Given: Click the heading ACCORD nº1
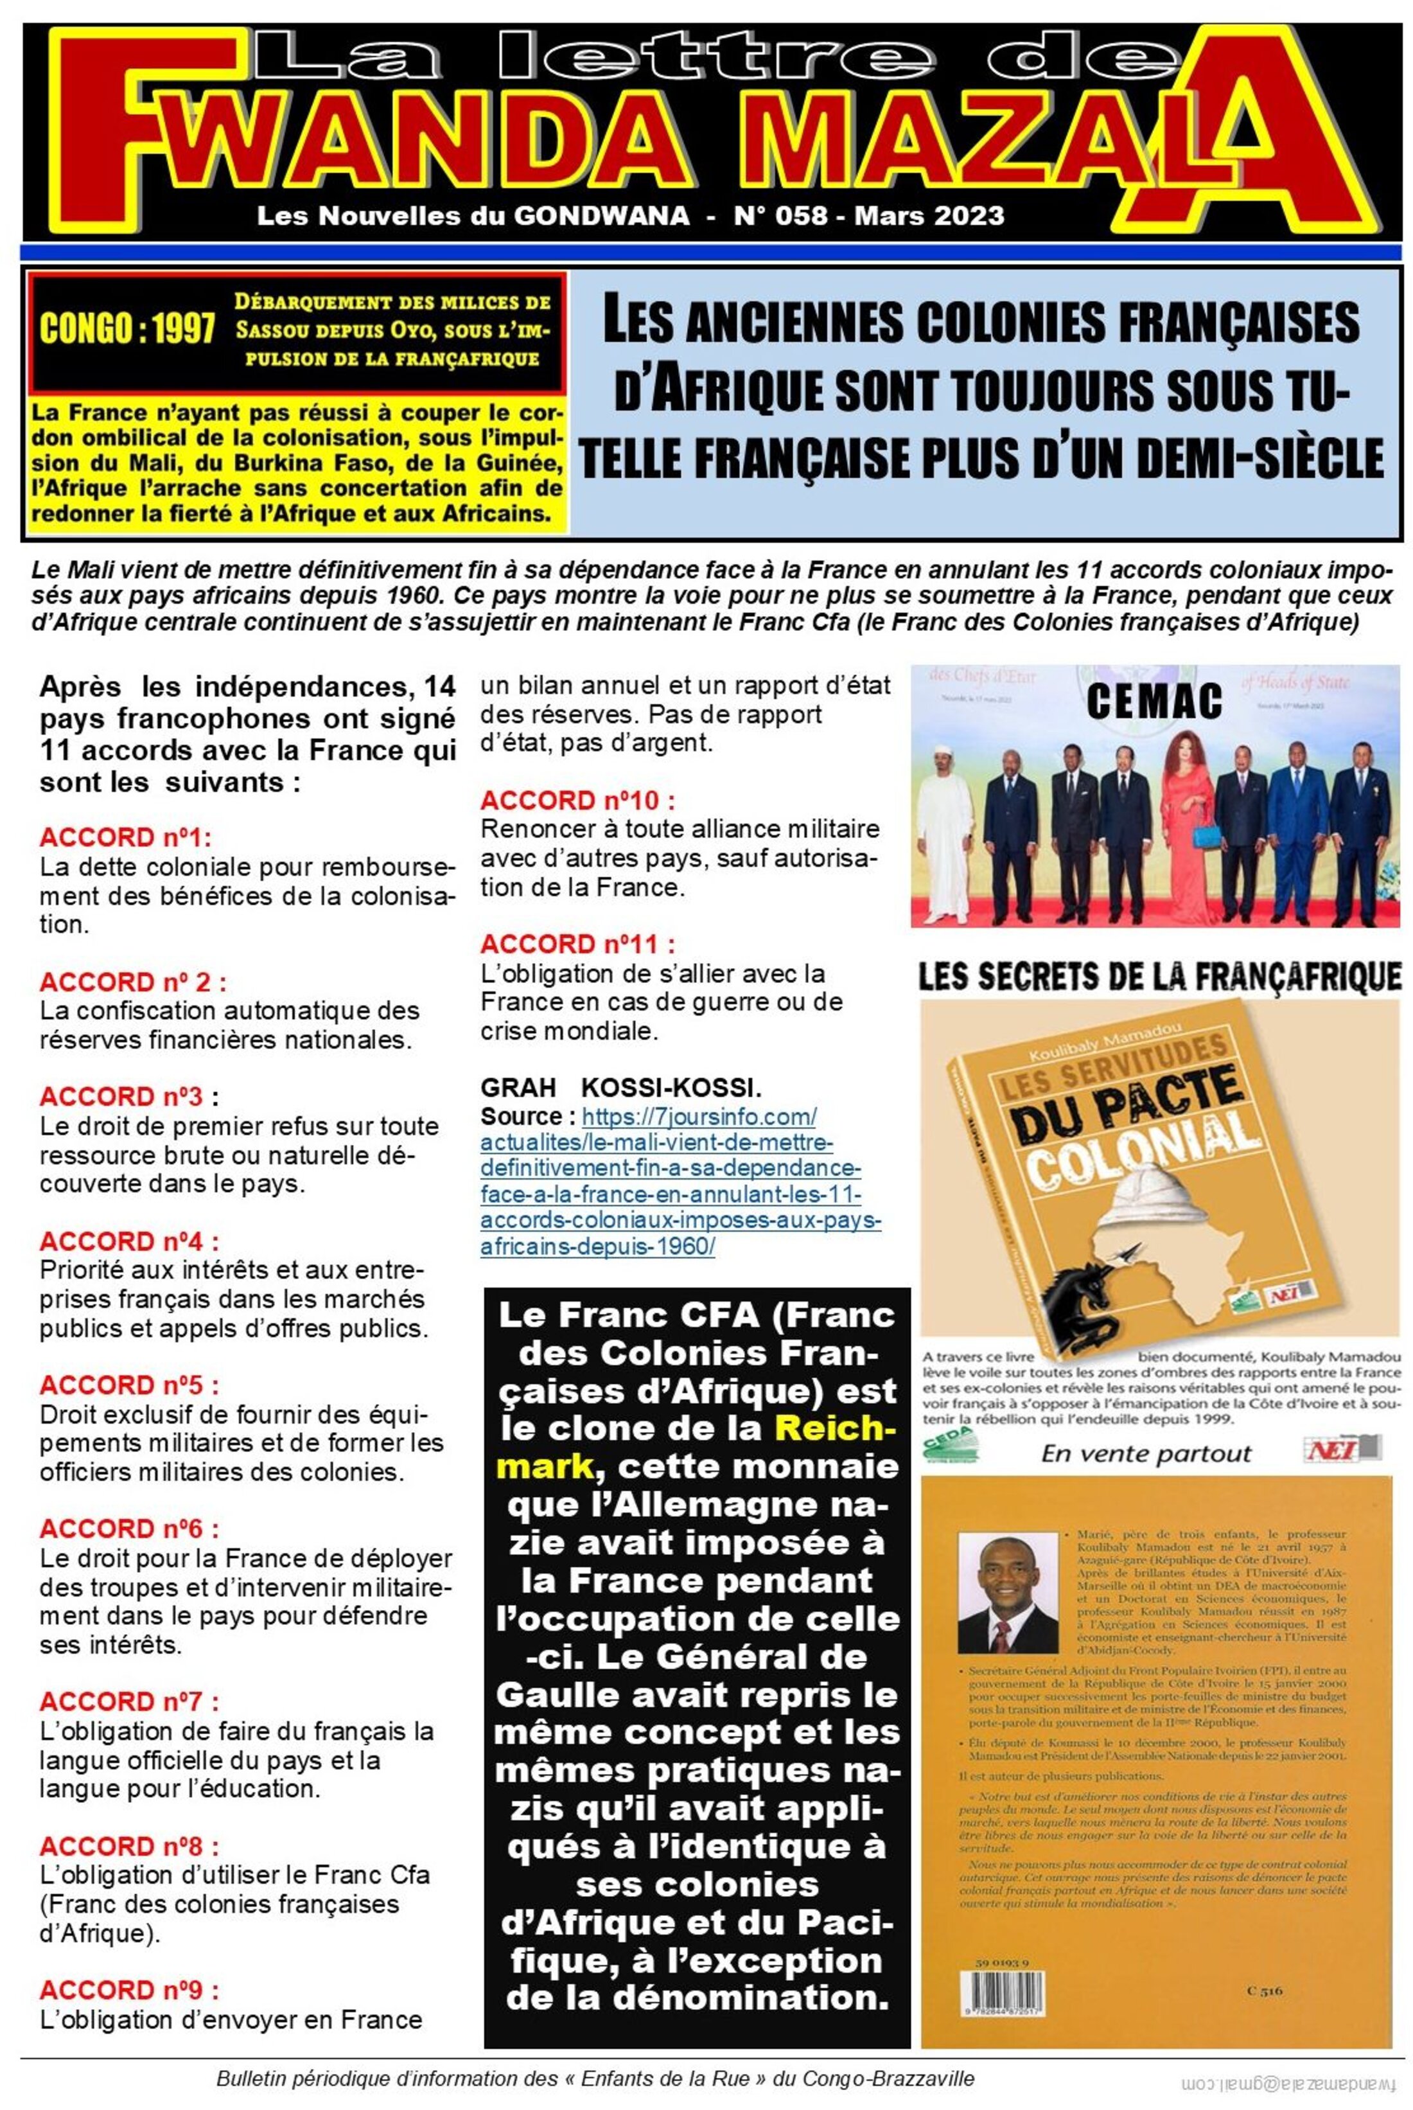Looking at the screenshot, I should click(125, 837).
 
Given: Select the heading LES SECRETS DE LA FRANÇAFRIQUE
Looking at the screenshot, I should click(1159, 978).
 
